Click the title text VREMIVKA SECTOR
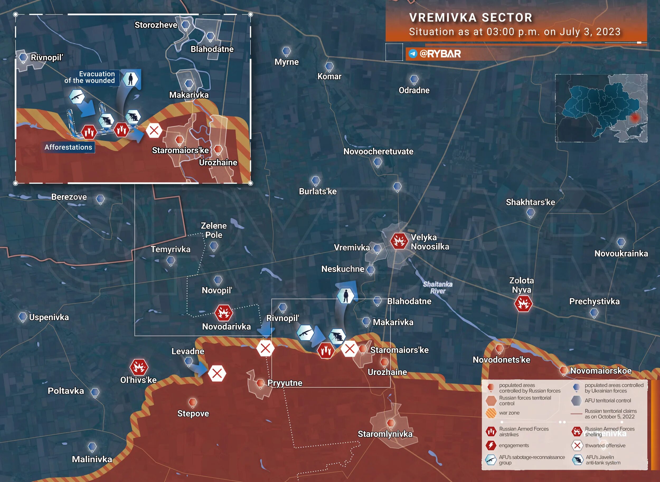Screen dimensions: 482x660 (470, 17)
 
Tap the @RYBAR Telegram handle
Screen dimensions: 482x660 (440, 54)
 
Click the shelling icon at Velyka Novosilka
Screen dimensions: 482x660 (399, 241)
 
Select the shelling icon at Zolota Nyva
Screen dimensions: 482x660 (523, 304)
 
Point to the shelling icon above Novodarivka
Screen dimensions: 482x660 (224, 313)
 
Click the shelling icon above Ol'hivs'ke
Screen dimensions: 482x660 (139, 367)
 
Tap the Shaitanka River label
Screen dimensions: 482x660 (438, 287)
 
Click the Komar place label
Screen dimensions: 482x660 (329, 76)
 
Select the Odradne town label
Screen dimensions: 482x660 (414, 90)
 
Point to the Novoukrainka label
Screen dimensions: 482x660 (621, 253)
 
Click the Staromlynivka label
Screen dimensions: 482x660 (385, 434)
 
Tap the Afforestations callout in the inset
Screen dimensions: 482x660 (68, 147)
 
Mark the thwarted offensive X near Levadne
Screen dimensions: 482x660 (217, 373)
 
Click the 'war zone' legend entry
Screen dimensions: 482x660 (509, 413)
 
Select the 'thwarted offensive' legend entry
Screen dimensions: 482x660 (605, 446)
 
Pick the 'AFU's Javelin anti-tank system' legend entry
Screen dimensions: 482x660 (602, 460)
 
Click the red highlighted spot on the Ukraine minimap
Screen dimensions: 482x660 (635, 118)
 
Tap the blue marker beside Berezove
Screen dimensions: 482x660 (100, 199)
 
